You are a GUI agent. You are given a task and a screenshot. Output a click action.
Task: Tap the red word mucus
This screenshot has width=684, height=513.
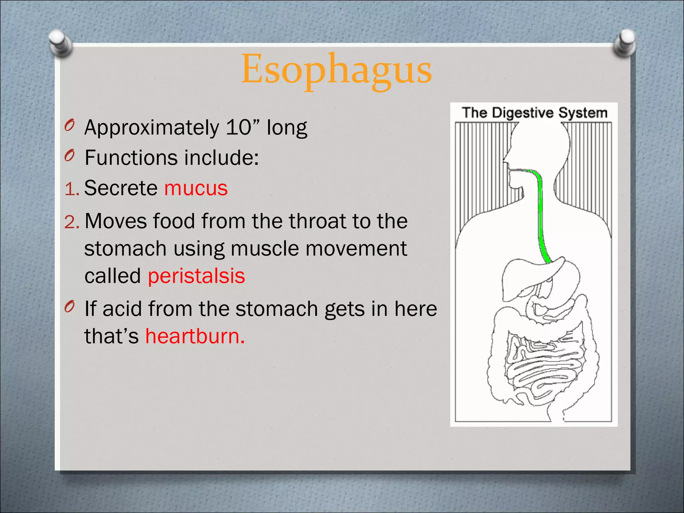[196, 188]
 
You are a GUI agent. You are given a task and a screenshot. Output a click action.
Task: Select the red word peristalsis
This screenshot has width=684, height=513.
[196, 276]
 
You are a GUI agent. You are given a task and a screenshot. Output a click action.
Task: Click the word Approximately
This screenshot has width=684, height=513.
[152, 128]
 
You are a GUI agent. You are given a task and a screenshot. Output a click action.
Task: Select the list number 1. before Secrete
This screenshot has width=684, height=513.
[71, 189]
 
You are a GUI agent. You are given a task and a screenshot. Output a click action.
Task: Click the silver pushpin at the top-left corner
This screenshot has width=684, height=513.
[60, 42]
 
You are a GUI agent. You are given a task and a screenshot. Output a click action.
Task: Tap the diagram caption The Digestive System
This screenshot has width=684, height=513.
[534, 113]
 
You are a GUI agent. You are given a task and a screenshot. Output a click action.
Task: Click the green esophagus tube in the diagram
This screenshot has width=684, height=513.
[540, 214]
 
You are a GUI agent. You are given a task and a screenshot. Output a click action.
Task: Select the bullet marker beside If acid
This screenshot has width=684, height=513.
[69, 306]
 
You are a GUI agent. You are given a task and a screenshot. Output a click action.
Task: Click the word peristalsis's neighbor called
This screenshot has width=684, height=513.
[113, 276]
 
